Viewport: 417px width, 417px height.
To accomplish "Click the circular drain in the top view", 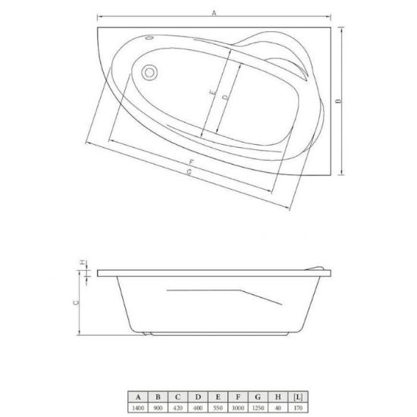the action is coord(149,73).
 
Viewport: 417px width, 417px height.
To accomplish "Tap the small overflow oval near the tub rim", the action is coord(150,38).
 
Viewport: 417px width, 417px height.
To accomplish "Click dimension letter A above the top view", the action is coord(214,13).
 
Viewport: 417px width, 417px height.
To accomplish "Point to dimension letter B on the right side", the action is coord(339,101).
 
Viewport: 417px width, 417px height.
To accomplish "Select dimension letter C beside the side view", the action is coord(76,303).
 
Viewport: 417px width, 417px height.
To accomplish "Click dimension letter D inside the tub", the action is coord(225,97).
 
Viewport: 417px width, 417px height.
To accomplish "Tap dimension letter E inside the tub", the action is coord(213,92).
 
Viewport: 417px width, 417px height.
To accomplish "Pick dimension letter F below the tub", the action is coord(192,162).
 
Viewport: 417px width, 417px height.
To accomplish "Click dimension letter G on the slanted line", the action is coord(189,172).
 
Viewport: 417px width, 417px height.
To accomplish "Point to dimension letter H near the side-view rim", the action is coord(83,262).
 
